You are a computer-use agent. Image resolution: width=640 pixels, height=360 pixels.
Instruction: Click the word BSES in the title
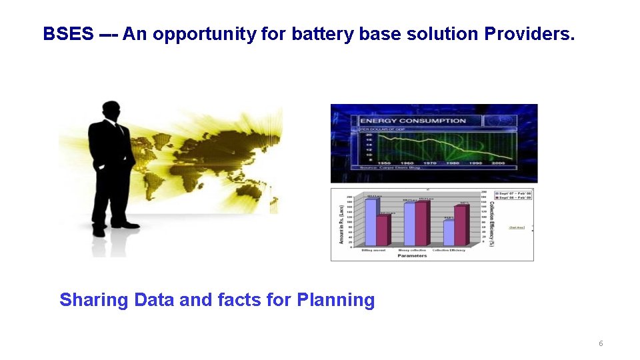(68, 34)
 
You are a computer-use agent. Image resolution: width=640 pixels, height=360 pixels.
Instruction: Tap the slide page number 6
(601, 343)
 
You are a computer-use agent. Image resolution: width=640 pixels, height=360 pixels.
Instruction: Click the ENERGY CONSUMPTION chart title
(413, 121)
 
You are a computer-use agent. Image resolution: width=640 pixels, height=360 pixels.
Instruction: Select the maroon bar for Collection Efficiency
(460, 225)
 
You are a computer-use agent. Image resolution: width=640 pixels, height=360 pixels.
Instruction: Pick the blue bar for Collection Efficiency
(448, 232)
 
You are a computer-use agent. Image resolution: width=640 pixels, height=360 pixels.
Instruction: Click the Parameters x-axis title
(412, 256)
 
